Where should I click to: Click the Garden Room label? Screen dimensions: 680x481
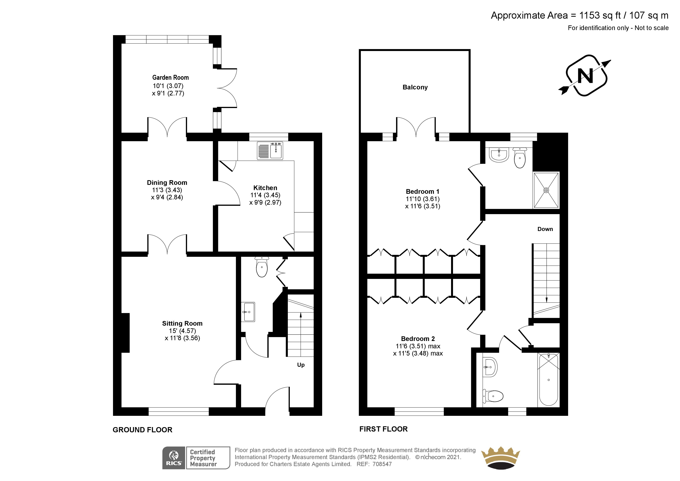point(170,78)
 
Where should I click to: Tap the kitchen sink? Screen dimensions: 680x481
point(270,150)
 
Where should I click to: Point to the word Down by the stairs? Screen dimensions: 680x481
point(545,229)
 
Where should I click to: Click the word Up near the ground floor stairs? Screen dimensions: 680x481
point(301,365)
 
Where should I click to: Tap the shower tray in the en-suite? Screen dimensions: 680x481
point(546,190)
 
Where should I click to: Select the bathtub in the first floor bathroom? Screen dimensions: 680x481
point(549,379)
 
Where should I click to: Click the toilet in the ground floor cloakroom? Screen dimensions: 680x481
point(261,267)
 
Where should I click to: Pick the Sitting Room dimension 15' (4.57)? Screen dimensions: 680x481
point(182,331)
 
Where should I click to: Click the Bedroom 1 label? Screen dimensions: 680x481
point(422,191)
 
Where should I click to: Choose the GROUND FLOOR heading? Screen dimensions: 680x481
point(142,430)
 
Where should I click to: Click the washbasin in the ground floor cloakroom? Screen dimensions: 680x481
point(248,312)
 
